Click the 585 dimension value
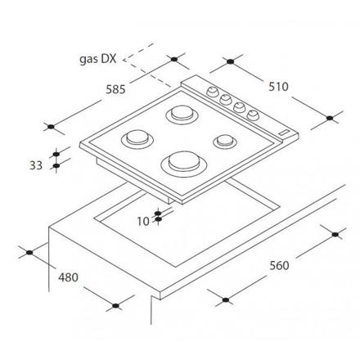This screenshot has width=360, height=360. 115,89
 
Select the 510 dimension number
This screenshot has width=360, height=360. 278,87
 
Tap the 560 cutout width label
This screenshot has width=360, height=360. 279,265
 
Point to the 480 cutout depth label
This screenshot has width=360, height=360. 68,277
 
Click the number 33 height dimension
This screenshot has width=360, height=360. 36,165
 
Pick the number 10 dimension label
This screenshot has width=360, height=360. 143,222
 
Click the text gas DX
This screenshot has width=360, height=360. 98,59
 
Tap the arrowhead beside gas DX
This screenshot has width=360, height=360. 125,60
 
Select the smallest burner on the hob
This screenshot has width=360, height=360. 225,142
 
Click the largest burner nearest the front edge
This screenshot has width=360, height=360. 183,163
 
